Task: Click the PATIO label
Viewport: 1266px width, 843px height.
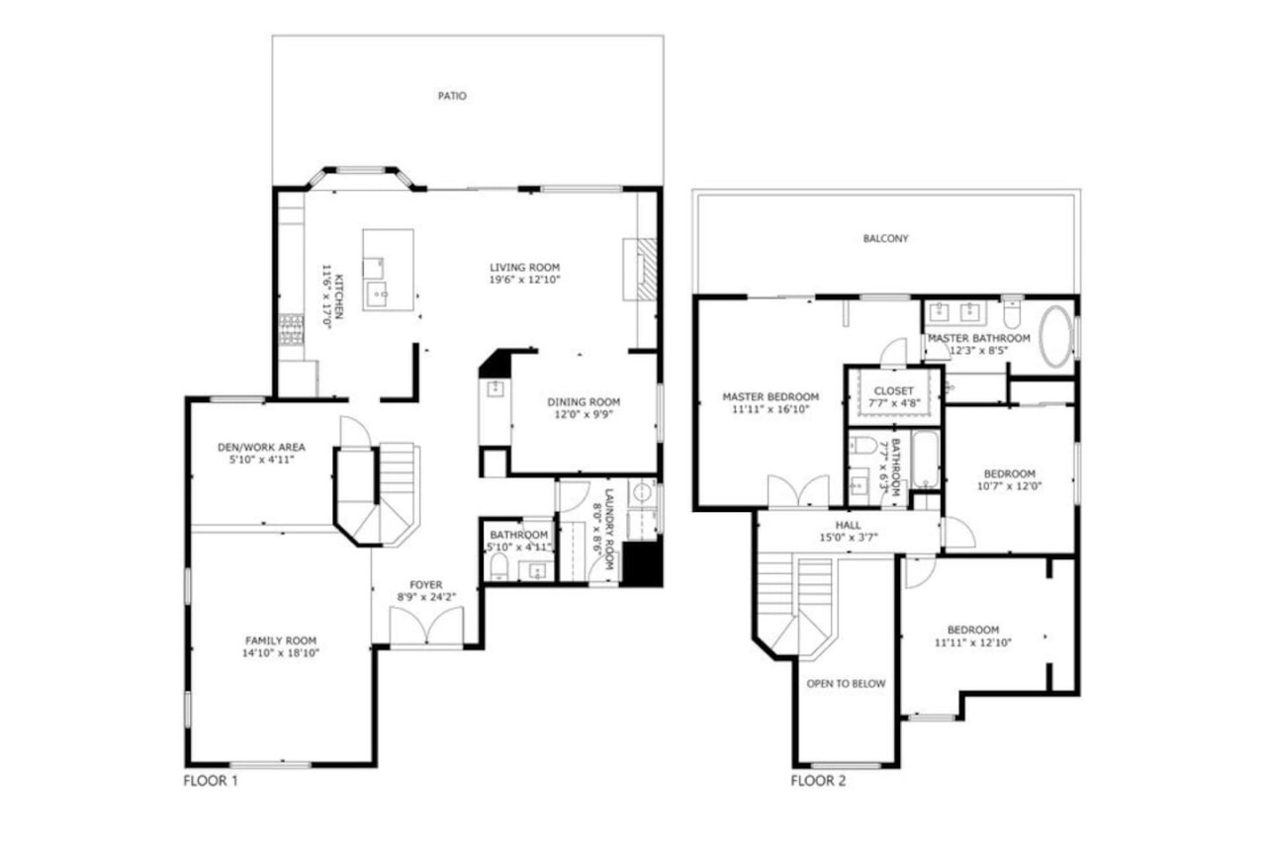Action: tap(452, 96)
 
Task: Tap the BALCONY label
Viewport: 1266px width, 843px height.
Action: tap(885, 239)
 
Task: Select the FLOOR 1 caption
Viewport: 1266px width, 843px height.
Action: tap(211, 781)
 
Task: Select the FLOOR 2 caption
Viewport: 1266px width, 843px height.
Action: tap(818, 781)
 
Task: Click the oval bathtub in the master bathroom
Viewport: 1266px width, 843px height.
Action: tap(1055, 337)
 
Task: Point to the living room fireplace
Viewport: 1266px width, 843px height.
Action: tap(640, 269)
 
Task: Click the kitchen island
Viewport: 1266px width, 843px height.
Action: tap(388, 270)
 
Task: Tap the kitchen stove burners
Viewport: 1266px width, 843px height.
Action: tap(291, 330)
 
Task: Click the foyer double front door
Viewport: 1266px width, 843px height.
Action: tap(426, 627)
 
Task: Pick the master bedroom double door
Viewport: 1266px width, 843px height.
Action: tap(798, 490)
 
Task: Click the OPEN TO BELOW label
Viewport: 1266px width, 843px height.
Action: tap(846, 684)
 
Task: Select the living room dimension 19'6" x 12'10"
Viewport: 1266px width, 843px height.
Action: tap(524, 280)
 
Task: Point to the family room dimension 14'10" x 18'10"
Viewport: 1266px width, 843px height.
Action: tap(281, 653)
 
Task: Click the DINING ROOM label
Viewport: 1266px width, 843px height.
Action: tap(584, 402)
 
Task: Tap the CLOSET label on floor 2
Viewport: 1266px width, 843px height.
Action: tap(893, 390)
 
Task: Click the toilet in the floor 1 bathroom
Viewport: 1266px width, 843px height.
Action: tap(499, 566)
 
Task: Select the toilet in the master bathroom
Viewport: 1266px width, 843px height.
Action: tap(1012, 315)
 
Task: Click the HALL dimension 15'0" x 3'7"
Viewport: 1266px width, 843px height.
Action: tap(849, 538)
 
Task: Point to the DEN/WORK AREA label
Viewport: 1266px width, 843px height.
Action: tap(261, 447)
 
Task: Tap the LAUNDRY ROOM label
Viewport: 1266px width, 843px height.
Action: tap(608, 529)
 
